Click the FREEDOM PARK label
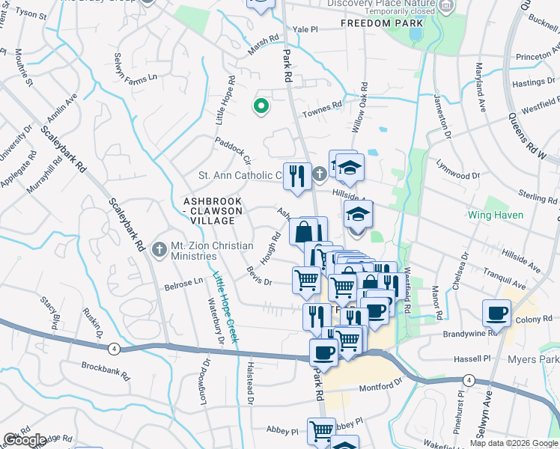point(376,23)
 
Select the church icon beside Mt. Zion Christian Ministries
point(158,248)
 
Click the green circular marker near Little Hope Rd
point(261,107)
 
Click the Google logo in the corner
point(25,440)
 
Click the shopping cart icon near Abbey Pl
point(321,430)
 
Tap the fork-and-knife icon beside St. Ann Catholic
point(297,177)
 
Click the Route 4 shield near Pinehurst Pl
point(467,381)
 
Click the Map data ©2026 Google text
point(514,442)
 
